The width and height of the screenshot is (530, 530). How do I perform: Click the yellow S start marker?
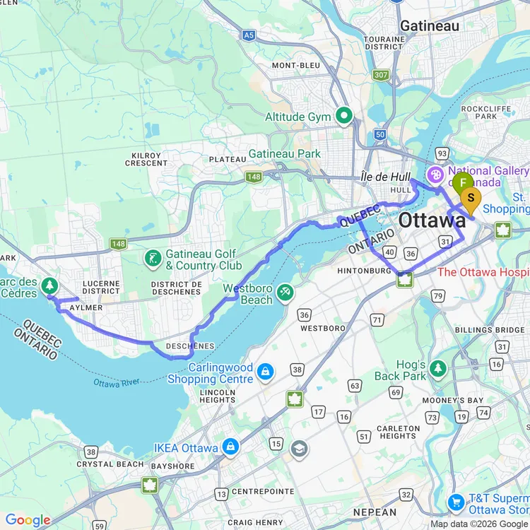pyautogui.click(x=471, y=197)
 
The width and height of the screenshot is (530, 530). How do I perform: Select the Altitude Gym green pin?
pyautogui.click(x=344, y=114)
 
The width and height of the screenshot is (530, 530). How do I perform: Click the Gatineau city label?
pyautogui.click(x=429, y=26)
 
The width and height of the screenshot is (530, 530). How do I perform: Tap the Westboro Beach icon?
pyautogui.click(x=285, y=291)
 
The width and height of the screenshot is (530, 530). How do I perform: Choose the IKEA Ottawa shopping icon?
pyautogui.click(x=230, y=447)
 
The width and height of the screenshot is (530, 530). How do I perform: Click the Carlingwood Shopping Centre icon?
pyautogui.click(x=265, y=371)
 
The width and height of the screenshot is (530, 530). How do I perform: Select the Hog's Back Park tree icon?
pyautogui.click(x=439, y=367)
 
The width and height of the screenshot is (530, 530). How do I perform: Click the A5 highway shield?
pyautogui.click(x=248, y=34)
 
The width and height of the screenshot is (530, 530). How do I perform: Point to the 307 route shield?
pyautogui.click(x=382, y=75)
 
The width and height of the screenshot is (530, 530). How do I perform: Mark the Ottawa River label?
pyautogui.click(x=116, y=384)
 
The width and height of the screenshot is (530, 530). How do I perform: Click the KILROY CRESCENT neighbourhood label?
pyautogui.click(x=146, y=159)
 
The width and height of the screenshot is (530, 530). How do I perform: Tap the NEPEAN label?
pyautogui.click(x=375, y=512)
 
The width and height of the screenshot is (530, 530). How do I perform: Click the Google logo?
pyautogui.click(x=28, y=521)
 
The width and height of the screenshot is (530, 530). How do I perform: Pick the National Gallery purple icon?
pyautogui.click(x=436, y=173)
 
